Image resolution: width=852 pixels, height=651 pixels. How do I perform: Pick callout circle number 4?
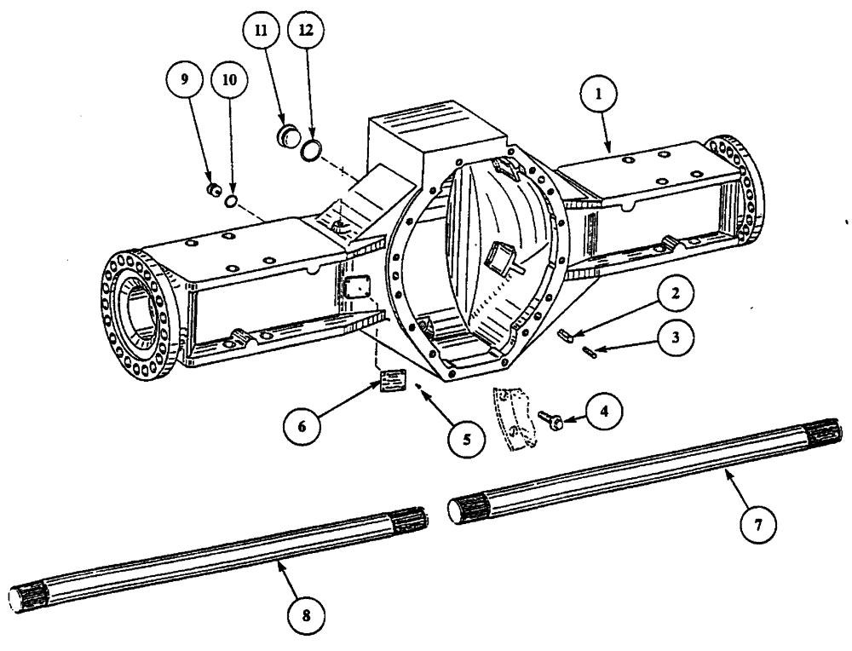(603, 411)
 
